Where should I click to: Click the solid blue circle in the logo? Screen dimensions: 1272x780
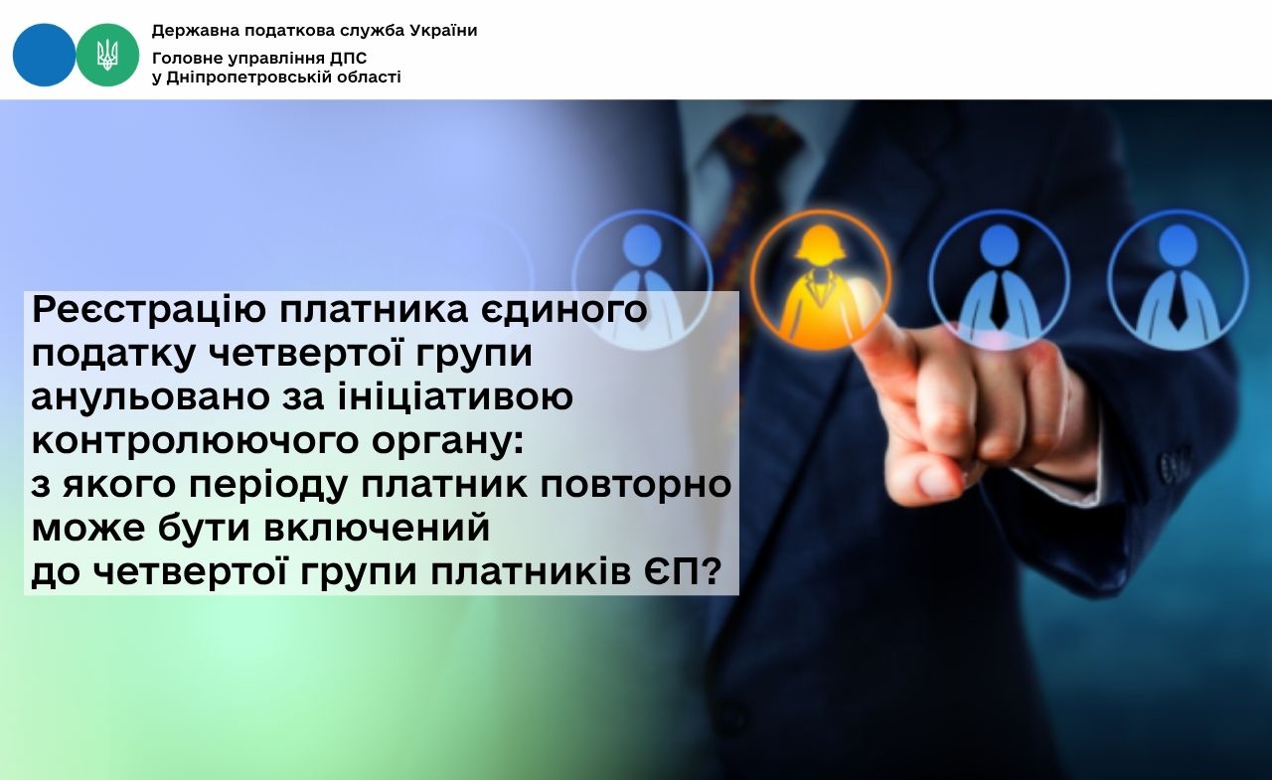(44, 55)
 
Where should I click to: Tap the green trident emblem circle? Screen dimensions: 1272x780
(107, 55)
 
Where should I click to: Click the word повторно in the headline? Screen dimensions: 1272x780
(635, 485)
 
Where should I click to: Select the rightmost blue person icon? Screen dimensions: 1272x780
(1178, 279)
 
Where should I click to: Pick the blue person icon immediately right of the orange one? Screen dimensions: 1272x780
(1000, 279)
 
